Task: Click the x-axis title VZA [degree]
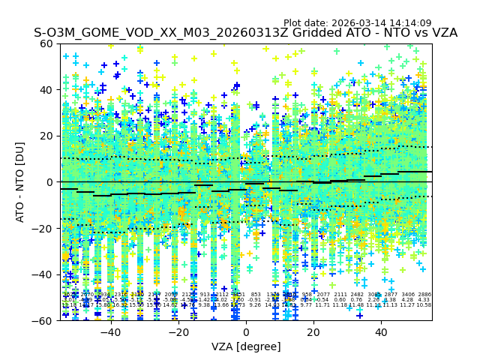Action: click(x=246, y=346)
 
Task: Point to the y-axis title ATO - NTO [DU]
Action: click(x=21, y=181)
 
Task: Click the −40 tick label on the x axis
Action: click(x=110, y=332)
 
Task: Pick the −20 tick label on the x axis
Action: click(x=178, y=332)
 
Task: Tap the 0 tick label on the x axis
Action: click(x=246, y=332)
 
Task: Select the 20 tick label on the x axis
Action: click(x=313, y=332)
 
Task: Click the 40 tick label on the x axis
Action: click(x=381, y=332)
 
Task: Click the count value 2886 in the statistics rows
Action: click(x=424, y=295)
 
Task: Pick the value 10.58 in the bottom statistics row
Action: click(x=424, y=305)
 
